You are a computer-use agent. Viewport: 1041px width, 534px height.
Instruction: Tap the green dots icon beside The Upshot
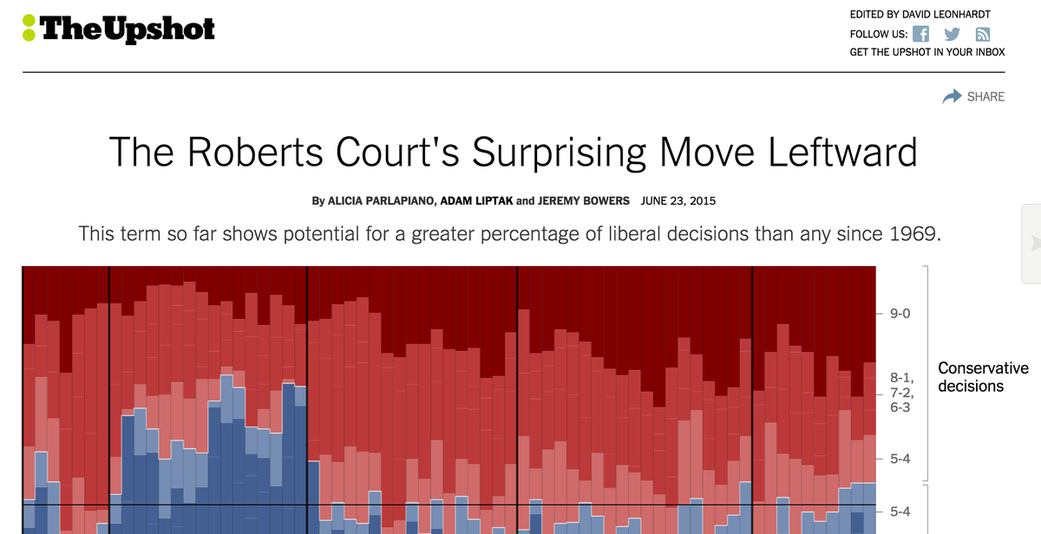point(29,29)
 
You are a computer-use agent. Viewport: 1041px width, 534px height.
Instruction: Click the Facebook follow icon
point(921,35)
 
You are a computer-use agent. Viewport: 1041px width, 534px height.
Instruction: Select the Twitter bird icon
point(952,35)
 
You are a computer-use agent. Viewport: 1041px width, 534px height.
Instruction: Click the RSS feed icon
point(983,35)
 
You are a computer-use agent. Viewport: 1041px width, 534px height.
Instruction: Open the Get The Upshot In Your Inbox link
point(926,52)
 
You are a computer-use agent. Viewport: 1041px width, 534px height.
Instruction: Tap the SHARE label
point(985,96)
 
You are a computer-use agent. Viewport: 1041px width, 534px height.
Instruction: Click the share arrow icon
point(952,96)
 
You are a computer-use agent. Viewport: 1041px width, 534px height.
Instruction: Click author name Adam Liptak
point(476,201)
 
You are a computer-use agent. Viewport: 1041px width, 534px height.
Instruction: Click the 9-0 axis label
point(902,313)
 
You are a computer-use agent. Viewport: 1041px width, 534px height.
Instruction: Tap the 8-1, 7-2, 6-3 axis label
point(902,392)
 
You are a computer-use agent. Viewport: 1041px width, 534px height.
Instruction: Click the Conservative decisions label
point(983,377)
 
